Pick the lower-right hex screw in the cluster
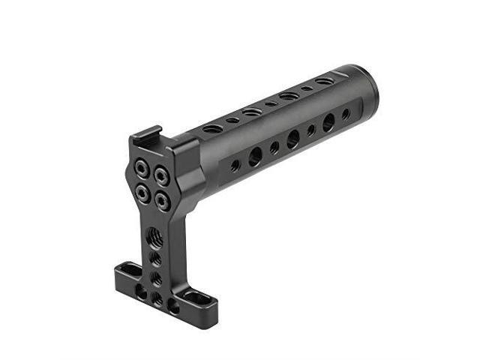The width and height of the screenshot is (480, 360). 160,201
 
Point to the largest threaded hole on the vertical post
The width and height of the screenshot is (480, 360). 155,237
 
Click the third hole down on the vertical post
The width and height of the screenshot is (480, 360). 156,277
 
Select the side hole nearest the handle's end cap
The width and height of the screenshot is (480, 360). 346,114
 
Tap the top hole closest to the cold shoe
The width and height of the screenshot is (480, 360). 213,129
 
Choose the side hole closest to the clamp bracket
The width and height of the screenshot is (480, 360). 235,165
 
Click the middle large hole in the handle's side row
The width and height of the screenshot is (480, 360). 292,139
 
